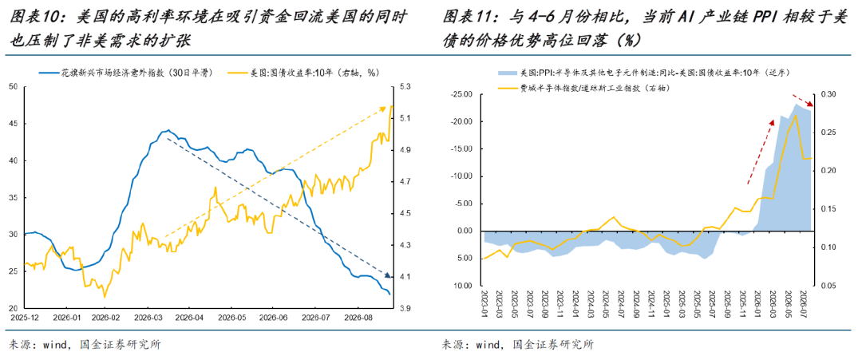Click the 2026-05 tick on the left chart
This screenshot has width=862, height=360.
pos(232,318)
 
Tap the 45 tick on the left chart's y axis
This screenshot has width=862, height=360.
pos(14,124)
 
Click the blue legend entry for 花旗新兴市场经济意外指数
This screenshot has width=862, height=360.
pos(126,72)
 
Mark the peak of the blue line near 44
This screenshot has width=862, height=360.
pos(168,130)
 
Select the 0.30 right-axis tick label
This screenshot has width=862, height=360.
pos(828,94)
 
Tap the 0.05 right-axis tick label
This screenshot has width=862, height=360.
pos(828,286)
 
